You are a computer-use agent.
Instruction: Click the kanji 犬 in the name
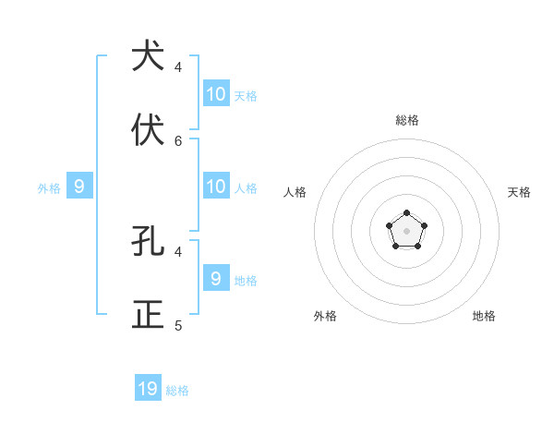148,57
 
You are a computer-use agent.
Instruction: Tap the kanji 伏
148,130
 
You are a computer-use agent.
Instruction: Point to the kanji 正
148,315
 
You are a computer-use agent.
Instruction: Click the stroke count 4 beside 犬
178,67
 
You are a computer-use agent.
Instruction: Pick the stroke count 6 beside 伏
178,141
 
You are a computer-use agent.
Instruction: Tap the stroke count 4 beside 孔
178,251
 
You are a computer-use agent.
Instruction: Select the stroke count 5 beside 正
178,326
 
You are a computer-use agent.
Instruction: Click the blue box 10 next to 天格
216,93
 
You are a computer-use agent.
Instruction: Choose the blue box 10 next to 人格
216,186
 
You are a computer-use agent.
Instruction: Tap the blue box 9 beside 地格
216,277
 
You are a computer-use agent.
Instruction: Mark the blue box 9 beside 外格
79,186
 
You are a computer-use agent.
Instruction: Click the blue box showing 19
148,389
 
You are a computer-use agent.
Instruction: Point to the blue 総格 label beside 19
177,391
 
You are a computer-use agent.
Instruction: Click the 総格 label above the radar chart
407,120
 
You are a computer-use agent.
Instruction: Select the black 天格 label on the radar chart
519,192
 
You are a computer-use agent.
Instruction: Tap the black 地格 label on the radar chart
484,316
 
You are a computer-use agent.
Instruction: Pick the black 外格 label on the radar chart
325,316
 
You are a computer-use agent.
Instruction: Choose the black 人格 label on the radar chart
295,192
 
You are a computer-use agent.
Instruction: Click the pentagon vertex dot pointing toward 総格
406,213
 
